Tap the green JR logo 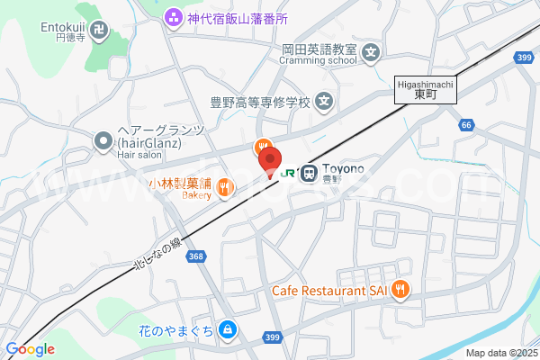tap(289, 171)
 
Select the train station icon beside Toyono tap(309, 171)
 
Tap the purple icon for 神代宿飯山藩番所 tap(172, 16)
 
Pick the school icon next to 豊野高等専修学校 tap(325, 102)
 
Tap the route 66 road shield tap(465, 125)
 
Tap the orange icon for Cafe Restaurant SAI tap(400, 290)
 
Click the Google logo tap(30, 349)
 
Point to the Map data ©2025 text tap(500, 354)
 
